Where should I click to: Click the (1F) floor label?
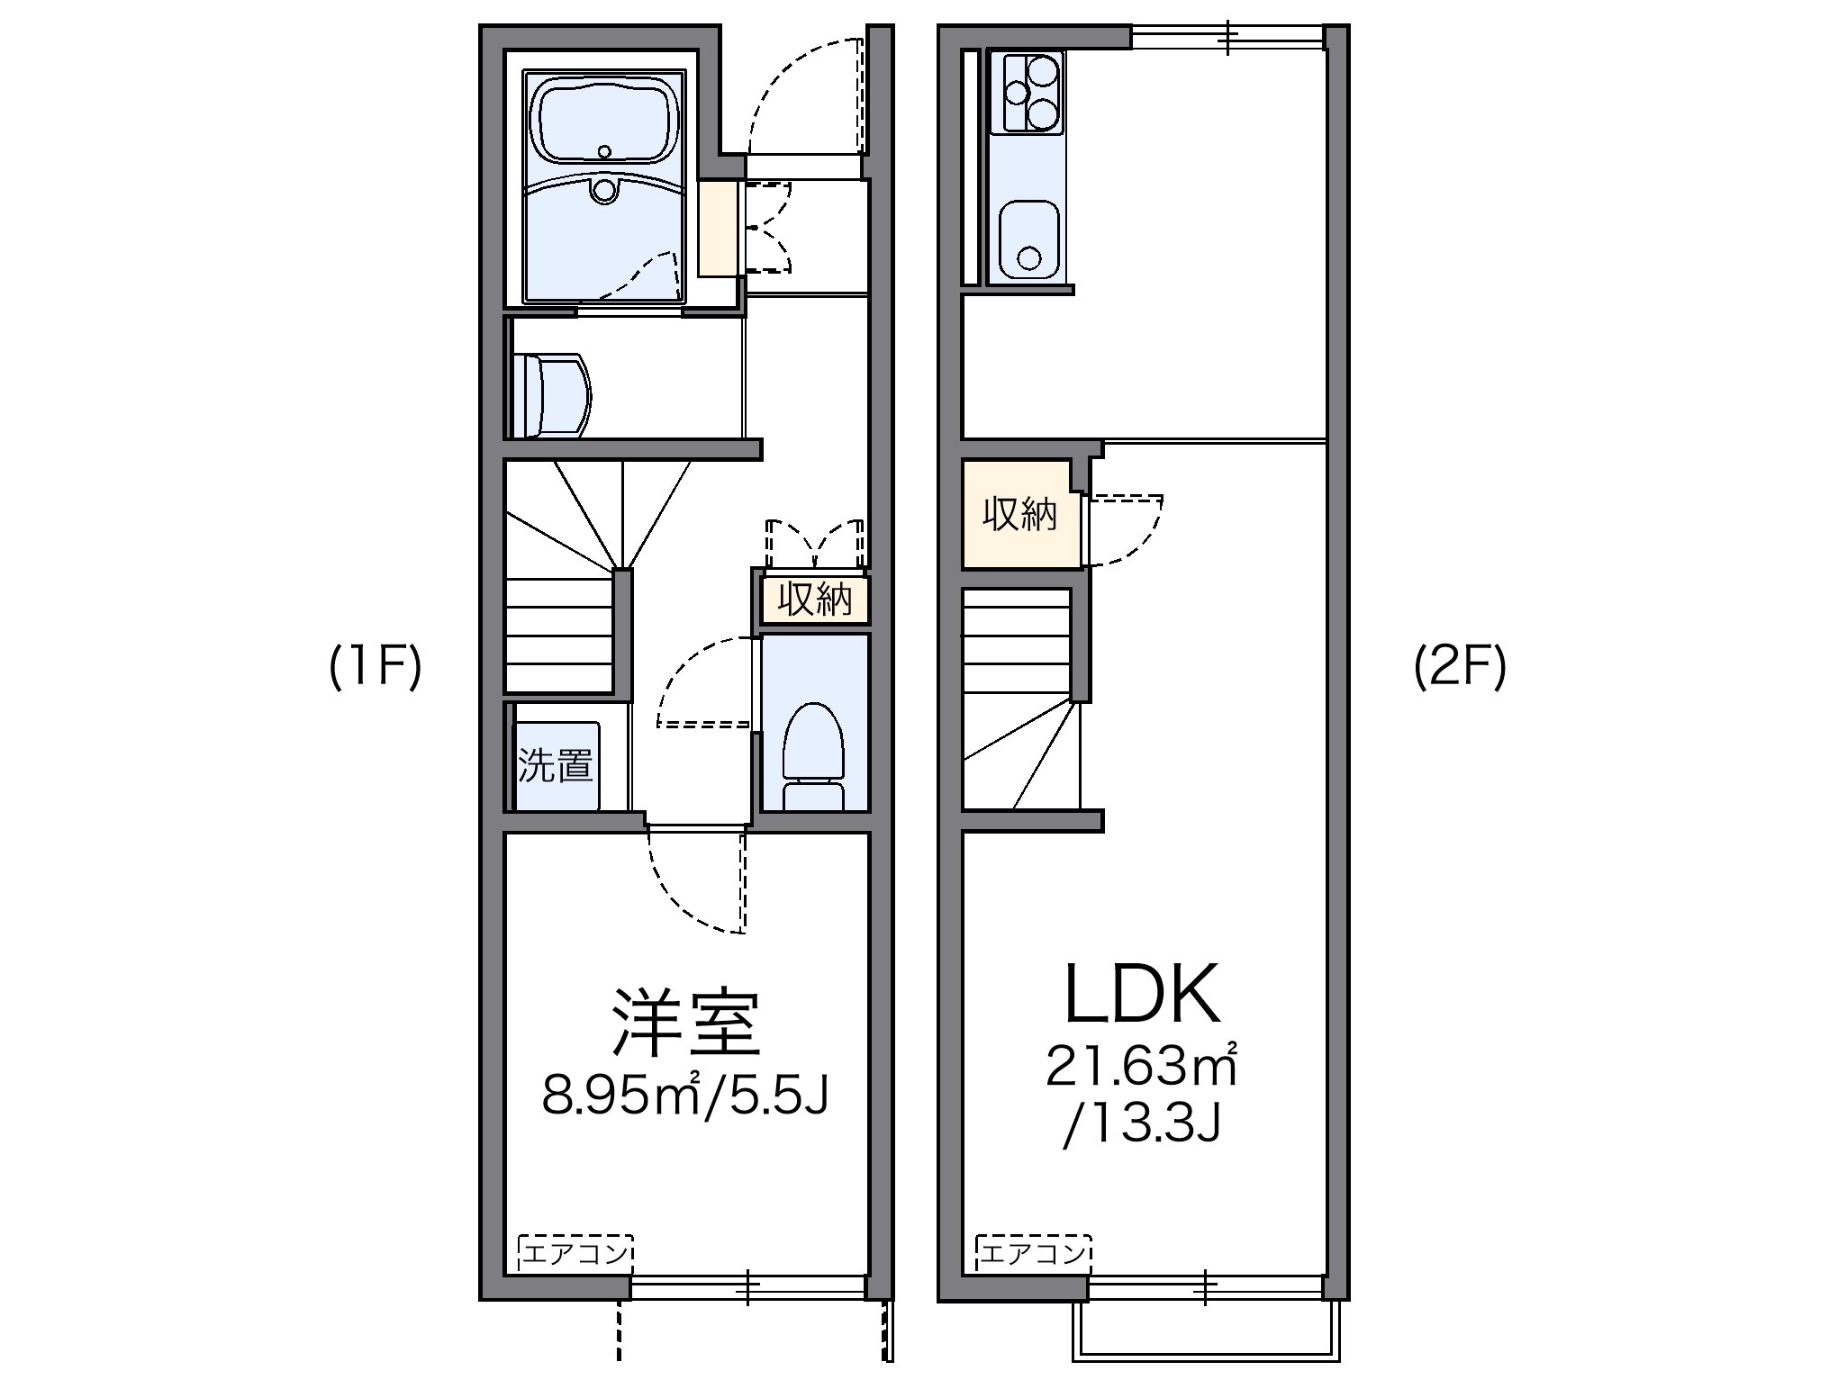pos(375,668)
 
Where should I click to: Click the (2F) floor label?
pos(1459,668)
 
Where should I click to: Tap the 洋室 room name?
pos(686,1023)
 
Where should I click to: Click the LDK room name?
pos(1142,996)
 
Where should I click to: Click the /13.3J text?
pos(1142,1124)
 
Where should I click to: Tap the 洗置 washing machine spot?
pos(557,765)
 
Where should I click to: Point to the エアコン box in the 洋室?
pos(575,1252)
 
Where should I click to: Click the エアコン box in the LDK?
pos(1034,1252)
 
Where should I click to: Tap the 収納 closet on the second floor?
pos(1019,515)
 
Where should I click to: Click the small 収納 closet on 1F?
pos(815,600)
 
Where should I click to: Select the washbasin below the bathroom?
pos(551,396)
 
